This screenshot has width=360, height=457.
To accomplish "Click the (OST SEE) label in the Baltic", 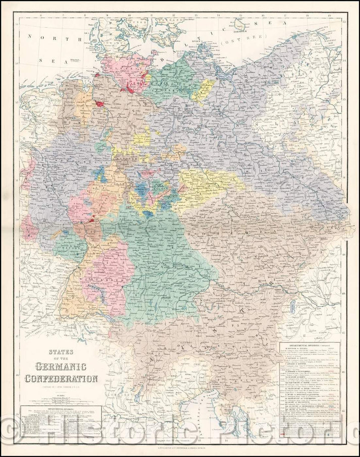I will [238, 43].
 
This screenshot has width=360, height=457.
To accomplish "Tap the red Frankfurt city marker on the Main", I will [93, 220].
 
